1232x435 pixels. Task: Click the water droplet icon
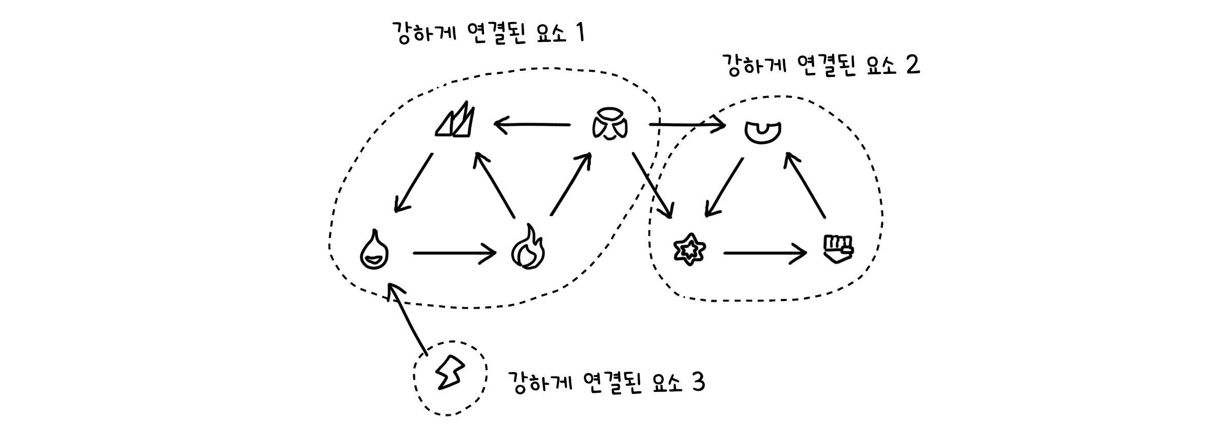click(374, 250)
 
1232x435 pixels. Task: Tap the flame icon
click(528, 247)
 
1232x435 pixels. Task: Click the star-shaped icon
click(689, 249)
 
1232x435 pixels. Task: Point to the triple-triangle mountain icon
click(456, 121)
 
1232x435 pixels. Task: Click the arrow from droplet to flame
click(454, 253)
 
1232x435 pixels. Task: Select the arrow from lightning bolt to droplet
click(408, 318)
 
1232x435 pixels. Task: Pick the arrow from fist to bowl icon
click(805, 185)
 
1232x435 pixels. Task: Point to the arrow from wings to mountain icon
click(532, 124)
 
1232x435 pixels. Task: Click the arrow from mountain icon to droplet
click(413, 183)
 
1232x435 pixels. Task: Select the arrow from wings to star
click(652, 185)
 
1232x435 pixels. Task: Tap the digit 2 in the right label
click(912, 66)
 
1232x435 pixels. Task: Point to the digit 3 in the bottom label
click(698, 383)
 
